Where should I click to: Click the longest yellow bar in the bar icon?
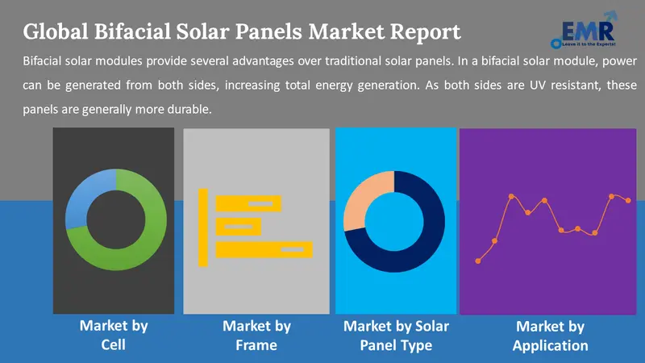point(264,250)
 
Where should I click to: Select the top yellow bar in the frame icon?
point(248,202)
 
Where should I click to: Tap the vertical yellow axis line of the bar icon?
point(203,226)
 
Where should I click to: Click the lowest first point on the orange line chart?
point(479,261)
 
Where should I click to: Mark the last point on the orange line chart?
point(629,200)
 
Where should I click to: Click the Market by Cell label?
point(113,336)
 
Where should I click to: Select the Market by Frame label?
point(256,336)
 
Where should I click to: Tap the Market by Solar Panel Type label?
point(396,336)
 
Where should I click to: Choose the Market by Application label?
point(550,336)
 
